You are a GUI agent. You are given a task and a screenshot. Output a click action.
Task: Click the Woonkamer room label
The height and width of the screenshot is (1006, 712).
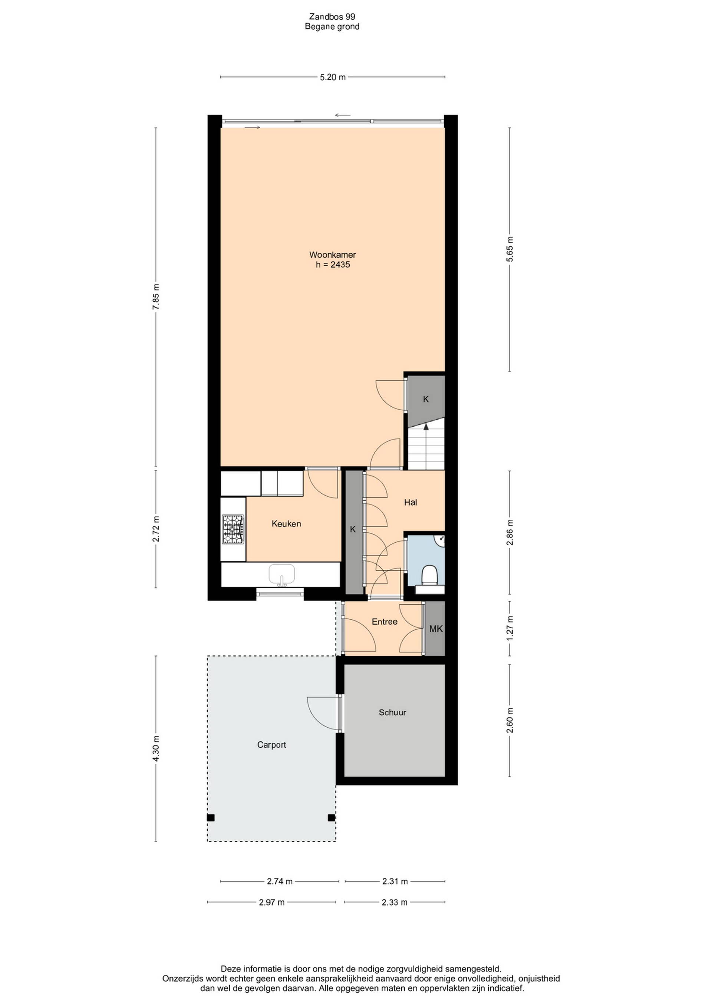332,255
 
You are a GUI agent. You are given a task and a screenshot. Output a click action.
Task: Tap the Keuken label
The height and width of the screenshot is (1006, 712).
286,524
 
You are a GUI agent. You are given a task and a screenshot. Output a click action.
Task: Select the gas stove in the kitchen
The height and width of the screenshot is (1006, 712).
233,529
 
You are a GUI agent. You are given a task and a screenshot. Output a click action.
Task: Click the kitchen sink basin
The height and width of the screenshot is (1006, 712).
281,575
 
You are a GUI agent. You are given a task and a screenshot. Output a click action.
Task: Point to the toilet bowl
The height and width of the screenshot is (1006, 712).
428,575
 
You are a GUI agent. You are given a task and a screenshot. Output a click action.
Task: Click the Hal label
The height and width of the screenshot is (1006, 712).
411,503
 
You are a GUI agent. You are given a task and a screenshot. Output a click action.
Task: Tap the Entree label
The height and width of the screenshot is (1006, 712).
385,622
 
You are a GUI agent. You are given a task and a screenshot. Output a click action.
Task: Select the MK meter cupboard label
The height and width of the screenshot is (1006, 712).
436,629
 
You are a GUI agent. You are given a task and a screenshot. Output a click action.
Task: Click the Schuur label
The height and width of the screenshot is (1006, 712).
392,712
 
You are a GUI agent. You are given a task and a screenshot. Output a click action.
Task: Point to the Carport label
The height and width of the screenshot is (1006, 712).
271,745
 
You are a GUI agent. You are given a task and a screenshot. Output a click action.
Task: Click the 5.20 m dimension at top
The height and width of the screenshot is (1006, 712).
333,77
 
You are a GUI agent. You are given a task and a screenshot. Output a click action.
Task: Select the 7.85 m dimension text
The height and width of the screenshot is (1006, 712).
156,297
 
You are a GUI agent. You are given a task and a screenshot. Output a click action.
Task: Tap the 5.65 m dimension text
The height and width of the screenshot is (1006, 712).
510,249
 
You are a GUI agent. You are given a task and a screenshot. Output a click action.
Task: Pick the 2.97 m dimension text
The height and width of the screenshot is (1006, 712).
272,902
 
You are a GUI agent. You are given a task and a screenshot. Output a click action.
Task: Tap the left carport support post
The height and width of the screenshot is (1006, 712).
211,818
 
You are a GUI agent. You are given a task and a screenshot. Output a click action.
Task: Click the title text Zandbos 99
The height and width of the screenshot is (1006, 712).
332,17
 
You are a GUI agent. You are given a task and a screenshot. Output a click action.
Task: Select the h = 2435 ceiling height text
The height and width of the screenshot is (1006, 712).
333,265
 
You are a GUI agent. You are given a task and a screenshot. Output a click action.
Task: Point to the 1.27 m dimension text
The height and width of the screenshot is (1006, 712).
510,628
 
